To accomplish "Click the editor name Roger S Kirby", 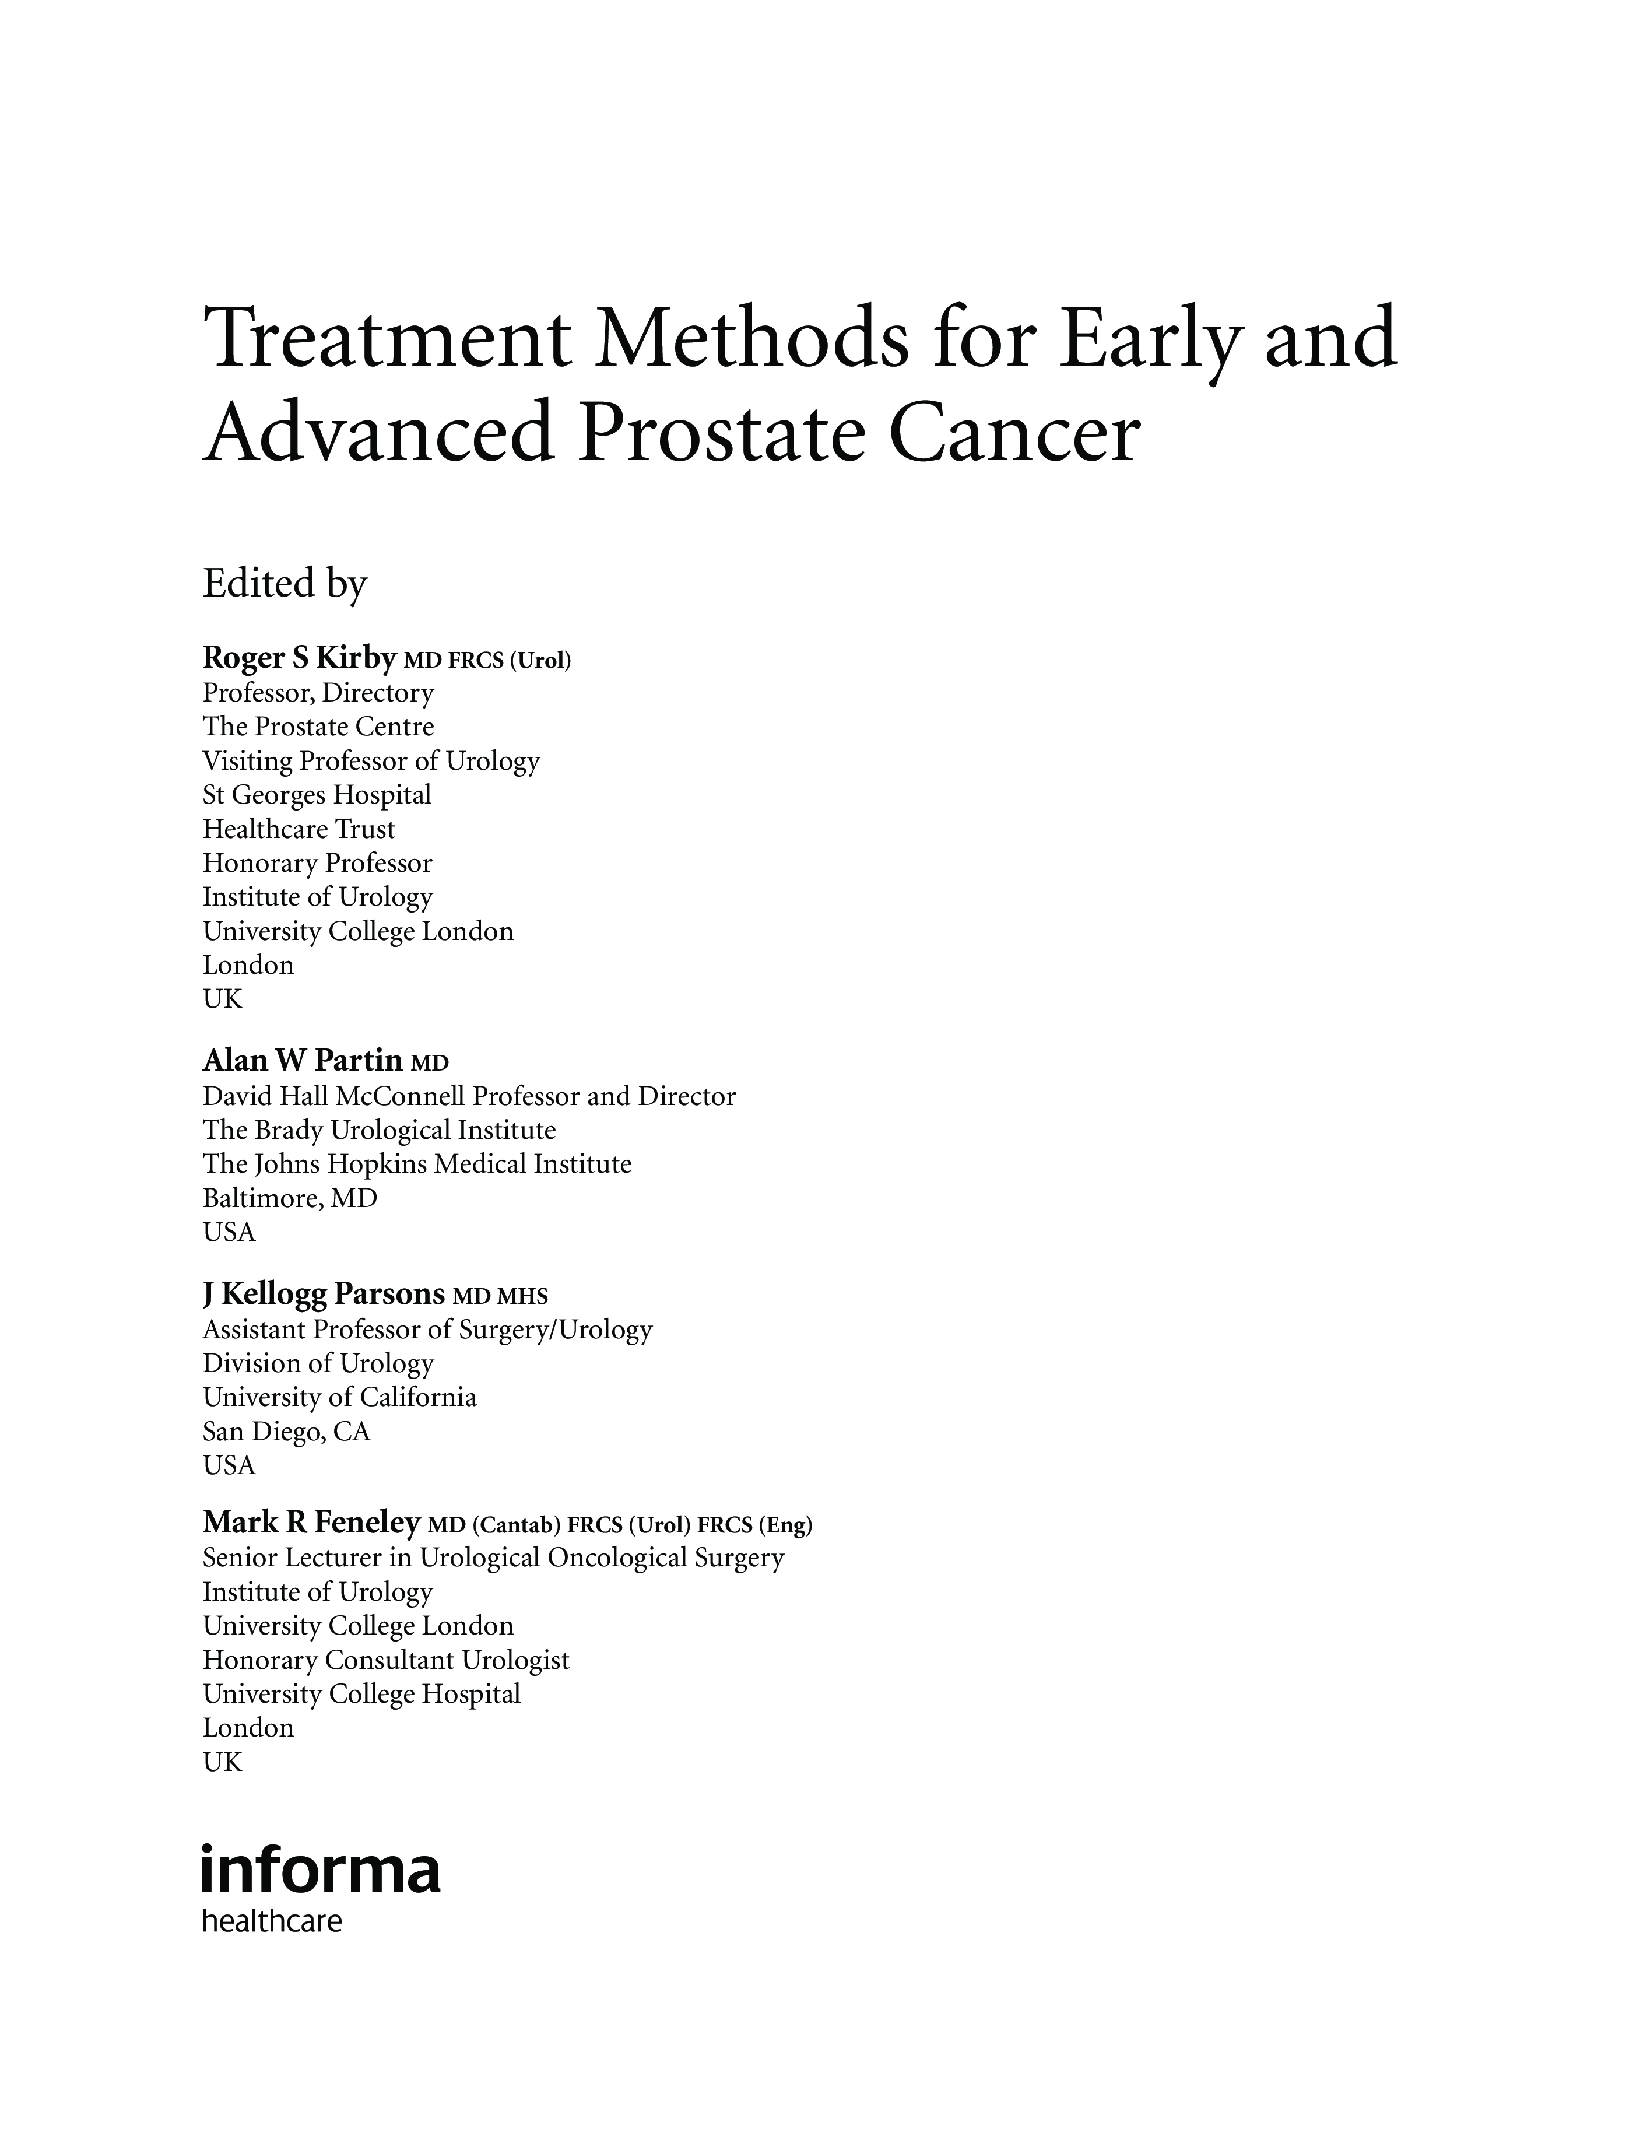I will (x=299, y=658).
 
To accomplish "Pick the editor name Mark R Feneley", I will (x=311, y=1523).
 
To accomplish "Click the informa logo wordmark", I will (x=321, y=1872).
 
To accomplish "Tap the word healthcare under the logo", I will (x=272, y=1922).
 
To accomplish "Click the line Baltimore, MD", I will (x=290, y=1198).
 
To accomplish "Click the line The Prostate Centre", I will (x=318, y=727).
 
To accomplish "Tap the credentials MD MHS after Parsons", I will (x=500, y=1297).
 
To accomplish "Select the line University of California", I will (x=339, y=1398).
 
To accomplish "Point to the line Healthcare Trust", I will (x=299, y=829).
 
